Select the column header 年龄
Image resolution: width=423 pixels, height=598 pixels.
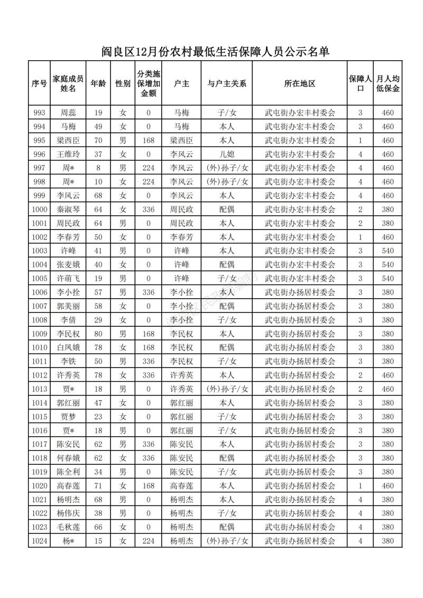click(x=98, y=84)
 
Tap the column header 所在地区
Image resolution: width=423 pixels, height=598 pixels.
click(x=300, y=84)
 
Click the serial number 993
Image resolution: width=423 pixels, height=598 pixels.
click(x=40, y=113)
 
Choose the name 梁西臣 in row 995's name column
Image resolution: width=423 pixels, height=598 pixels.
click(x=68, y=140)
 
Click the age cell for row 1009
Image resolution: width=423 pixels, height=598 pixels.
click(x=98, y=334)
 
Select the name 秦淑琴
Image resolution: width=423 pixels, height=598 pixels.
click(x=68, y=209)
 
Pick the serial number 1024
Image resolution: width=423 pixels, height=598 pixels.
click(x=40, y=541)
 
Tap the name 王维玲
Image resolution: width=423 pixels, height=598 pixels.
click(x=68, y=154)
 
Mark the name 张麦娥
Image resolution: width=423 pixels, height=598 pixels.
click(x=68, y=264)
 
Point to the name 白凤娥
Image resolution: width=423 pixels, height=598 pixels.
click(x=68, y=347)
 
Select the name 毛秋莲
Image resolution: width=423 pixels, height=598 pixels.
click(x=68, y=527)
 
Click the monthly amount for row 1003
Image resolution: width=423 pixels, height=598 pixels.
click(x=388, y=251)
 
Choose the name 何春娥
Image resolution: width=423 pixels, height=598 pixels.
click(x=68, y=458)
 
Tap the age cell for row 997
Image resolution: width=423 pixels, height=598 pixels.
click(x=98, y=168)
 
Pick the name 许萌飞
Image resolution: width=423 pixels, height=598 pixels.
click(x=68, y=278)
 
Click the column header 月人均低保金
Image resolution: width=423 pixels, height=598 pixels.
click(x=388, y=84)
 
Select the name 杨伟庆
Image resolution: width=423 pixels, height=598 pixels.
click(x=68, y=513)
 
